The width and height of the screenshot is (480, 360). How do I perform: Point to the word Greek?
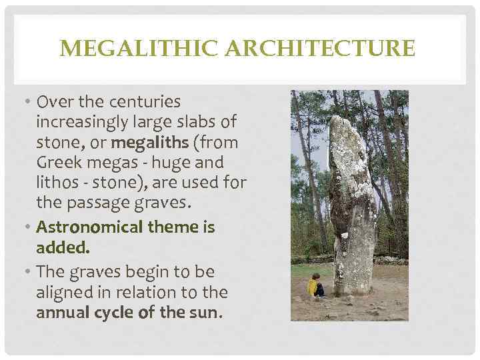(x=57, y=163)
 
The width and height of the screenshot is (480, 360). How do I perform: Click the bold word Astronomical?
(x=89, y=227)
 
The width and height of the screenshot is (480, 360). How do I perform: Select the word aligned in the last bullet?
(x=61, y=292)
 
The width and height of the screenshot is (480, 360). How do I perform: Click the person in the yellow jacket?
(x=313, y=286)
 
